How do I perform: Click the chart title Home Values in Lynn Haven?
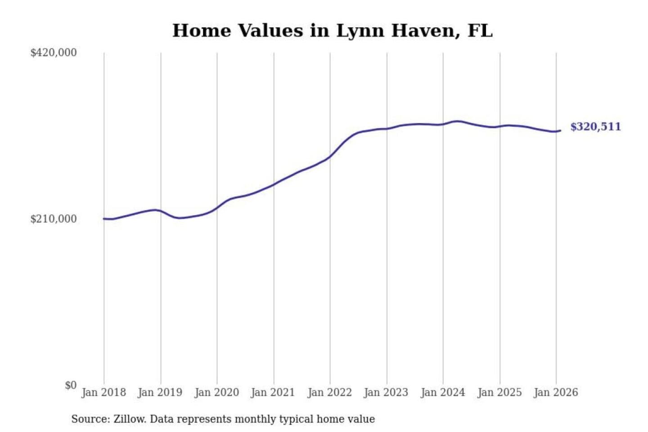[x=332, y=31]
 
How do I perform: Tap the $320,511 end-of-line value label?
[x=595, y=127]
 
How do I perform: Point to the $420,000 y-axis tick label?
[x=53, y=53]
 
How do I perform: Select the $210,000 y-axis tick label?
[x=53, y=219]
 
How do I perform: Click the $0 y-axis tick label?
[x=71, y=385]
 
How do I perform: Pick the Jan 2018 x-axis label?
[x=103, y=392]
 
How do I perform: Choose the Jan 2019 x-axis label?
[x=160, y=392]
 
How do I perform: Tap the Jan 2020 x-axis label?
[x=216, y=392]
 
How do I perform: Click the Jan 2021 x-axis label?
[x=273, y=392]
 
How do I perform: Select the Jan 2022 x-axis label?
[x=329, y=392]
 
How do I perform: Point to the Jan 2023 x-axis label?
[x=386, y=392]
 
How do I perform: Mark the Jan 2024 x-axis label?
[x=442, y=392]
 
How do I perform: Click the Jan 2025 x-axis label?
[x=499, y=392]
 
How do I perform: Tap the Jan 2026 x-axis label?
[x=555, y=392]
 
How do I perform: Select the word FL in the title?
[x=480, y=31]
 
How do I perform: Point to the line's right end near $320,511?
[x=560, y=130]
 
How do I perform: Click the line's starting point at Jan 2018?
[x=104, y=219]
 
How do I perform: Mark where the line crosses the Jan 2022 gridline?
[x=330, y=157]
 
